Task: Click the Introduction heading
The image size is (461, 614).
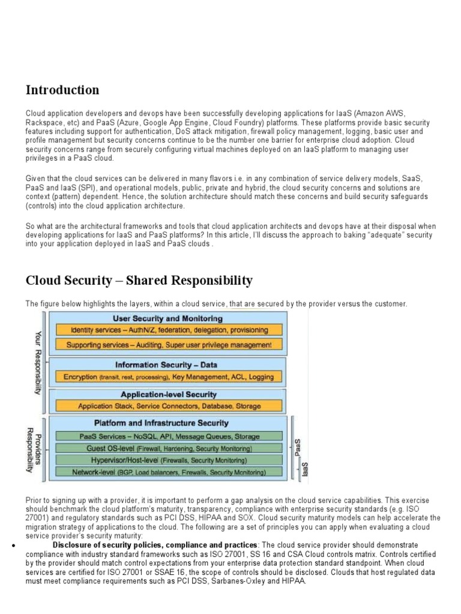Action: (x=62, y=90)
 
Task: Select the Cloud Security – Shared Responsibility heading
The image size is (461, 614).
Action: (x=139, y=281)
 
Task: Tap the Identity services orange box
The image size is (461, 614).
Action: (x=169, y=330)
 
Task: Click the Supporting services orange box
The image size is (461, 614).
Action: (x=169, y=345)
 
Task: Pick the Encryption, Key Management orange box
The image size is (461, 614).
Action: (x=169, y=377)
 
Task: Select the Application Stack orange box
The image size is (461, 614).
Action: (x=169, y=406)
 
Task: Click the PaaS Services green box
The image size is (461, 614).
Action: (x=169, y=436)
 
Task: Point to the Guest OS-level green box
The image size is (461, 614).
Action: (x=169, y=448)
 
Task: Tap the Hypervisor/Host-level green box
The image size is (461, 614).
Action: (x=169, y=460)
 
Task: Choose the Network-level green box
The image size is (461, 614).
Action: (x=169, y=472)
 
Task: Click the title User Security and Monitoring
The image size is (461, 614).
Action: (x=167, y=318)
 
